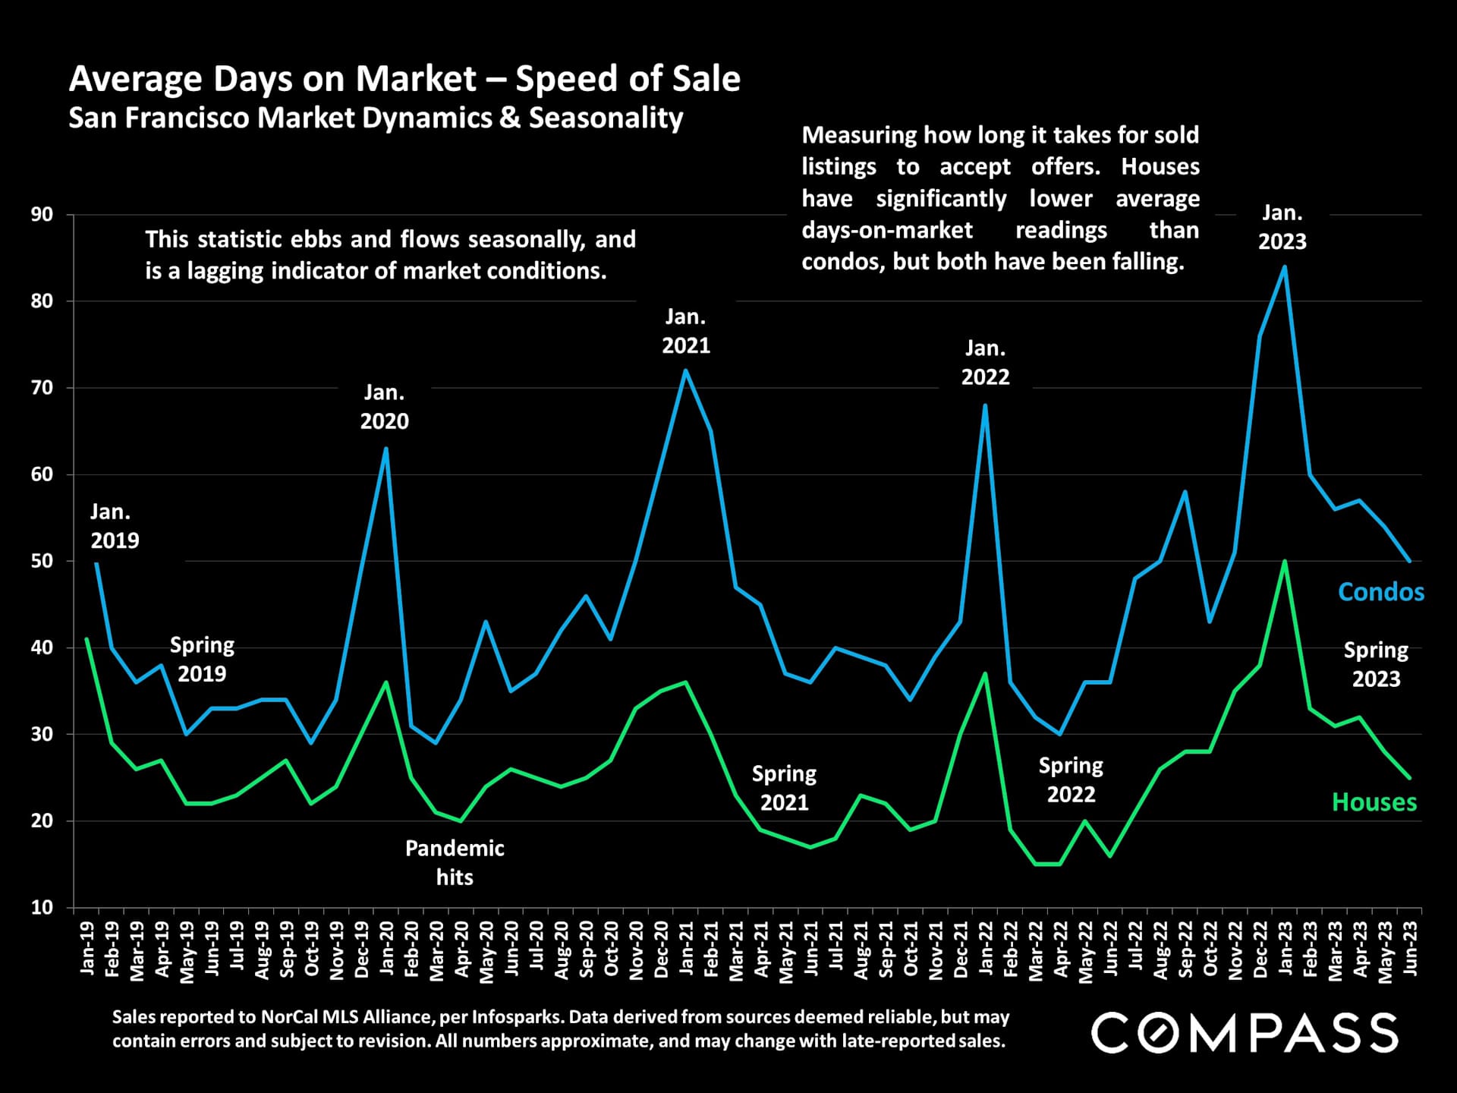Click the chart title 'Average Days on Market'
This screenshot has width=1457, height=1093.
[x=404, y=79]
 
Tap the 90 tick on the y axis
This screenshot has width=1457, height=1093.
[x=42, y=215]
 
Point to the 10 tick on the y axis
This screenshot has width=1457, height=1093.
[x=42, y=907]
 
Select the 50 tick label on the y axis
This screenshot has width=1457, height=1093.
[x=42, y=561]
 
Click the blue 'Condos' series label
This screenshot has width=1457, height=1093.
[x=1380, y=592]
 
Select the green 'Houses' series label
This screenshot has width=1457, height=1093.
[x=1374, y=802]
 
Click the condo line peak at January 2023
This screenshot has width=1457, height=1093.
[x=1284, y=266]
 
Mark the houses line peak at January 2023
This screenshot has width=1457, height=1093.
[x=1284, y=562]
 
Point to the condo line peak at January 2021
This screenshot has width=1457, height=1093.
[x=686, y=370]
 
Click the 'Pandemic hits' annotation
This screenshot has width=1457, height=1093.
[x=455, y=862]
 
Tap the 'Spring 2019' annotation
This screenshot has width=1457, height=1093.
[x=202, y=659]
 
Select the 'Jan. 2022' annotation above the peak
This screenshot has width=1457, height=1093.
[x=985, y=363]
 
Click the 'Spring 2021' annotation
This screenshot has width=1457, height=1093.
[x=784, y=788]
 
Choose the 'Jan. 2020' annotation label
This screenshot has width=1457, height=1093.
[x=385, y=407]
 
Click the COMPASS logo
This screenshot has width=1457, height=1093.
[x=1245, y=1033]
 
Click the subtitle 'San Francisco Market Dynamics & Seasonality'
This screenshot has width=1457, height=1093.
[x=376, y=118]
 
